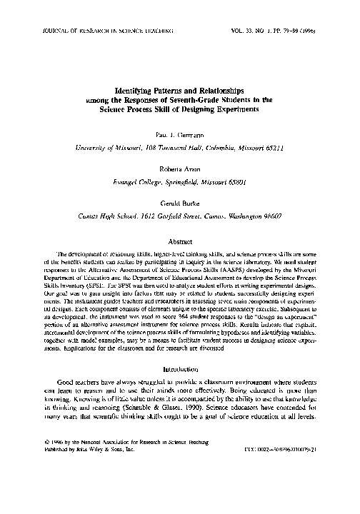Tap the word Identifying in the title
(138, 92)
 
